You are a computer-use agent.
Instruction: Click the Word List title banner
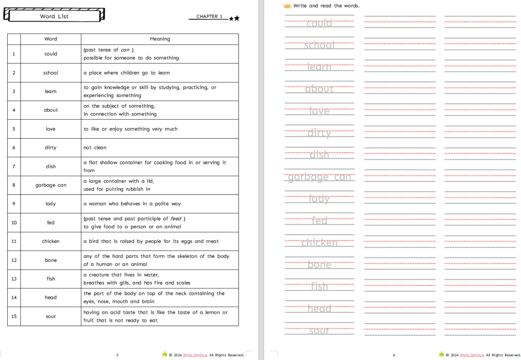[54, 16]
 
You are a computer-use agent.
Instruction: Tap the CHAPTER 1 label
[209, 16]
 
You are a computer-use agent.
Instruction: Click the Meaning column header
[160, 39]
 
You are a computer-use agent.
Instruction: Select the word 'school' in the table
[51, 73]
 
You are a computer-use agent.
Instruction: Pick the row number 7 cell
[14, 166]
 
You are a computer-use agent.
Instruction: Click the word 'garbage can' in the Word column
[51, 185]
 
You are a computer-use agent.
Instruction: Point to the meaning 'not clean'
[95, 148]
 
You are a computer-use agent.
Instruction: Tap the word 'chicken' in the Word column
[51, 241]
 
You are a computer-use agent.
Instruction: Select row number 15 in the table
[14, 316]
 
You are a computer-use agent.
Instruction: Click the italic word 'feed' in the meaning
[176, 219]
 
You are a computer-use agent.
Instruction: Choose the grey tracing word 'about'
[319, 89]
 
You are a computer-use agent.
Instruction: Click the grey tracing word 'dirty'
[319, 133]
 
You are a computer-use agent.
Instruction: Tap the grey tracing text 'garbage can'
[319, 177]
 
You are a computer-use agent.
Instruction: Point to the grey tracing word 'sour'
[319, 331]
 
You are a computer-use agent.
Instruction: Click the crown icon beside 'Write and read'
[287, 6]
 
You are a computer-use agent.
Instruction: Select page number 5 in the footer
[117, 355]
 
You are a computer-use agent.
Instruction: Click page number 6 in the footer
[394, 355]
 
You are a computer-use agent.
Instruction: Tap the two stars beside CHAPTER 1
[234, 19]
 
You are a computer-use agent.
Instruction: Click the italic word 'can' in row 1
[125, 50]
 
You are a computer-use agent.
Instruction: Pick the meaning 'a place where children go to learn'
[127, 73]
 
